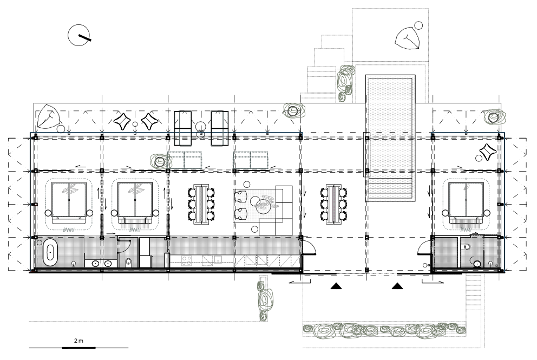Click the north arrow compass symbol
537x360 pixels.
[x=79, y=35]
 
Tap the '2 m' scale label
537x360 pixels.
[x=78, y=341]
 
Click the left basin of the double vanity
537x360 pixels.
[x=95, y=264]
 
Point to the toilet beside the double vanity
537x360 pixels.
[x=128, y=263]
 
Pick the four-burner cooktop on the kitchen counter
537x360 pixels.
[x=187, y=261]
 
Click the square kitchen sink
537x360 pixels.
[x=218, y=259]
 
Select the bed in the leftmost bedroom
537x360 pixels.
[x=69, y=200]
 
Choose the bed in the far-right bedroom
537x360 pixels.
[x=466, y=200]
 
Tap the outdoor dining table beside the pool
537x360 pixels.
[x=333, y=204]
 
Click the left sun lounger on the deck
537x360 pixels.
[x=183, y=128]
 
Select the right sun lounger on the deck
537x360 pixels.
[x=220, y=128]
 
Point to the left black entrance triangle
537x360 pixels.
[x=336, y=286]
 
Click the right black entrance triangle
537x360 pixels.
[x=397, y=286]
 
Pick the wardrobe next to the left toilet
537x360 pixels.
[x=145, y=252]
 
